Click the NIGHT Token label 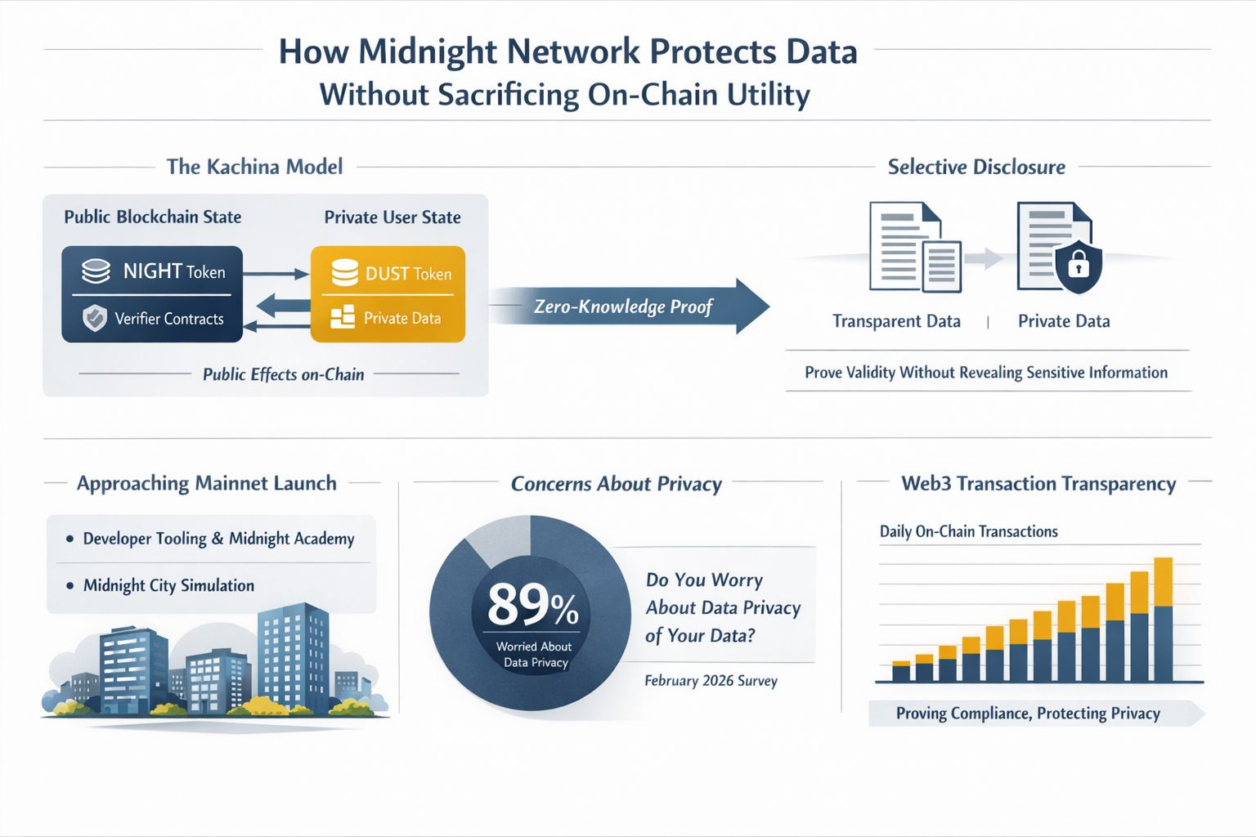pos(173,271)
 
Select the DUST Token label pos(408,274)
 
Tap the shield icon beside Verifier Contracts pos(95,318)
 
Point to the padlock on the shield pos(1079,264)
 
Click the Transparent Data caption pos(896,321)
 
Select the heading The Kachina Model pos(254,167)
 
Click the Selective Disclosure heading pos(976,167)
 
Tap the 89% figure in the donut pos(532,606)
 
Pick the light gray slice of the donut pos(496,539)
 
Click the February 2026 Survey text pos(711,681)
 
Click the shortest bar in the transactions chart pos(900,671)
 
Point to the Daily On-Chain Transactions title pos(968,531)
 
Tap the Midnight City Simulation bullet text pos(168,585)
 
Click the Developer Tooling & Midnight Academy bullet pos(218,539)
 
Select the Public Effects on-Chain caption pos(283,374)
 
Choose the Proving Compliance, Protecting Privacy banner pos(1028,714)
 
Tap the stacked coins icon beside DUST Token pos(344,273)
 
